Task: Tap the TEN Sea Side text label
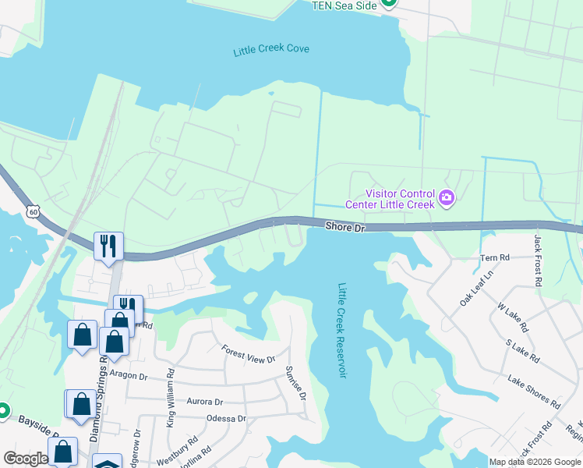pos(344,5)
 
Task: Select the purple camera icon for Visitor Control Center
pos(447,198)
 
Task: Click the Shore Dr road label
pos(344,227)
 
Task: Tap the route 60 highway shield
pos(32,211)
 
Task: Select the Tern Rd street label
pos(495,257)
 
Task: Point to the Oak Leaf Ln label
pos(476,288)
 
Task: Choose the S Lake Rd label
pos(522,351)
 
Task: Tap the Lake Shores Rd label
pos(533,392)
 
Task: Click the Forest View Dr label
pos(249,354)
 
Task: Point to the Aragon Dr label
pos(129,375)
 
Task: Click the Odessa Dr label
pos(226,418)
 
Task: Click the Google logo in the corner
pos(26,459)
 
